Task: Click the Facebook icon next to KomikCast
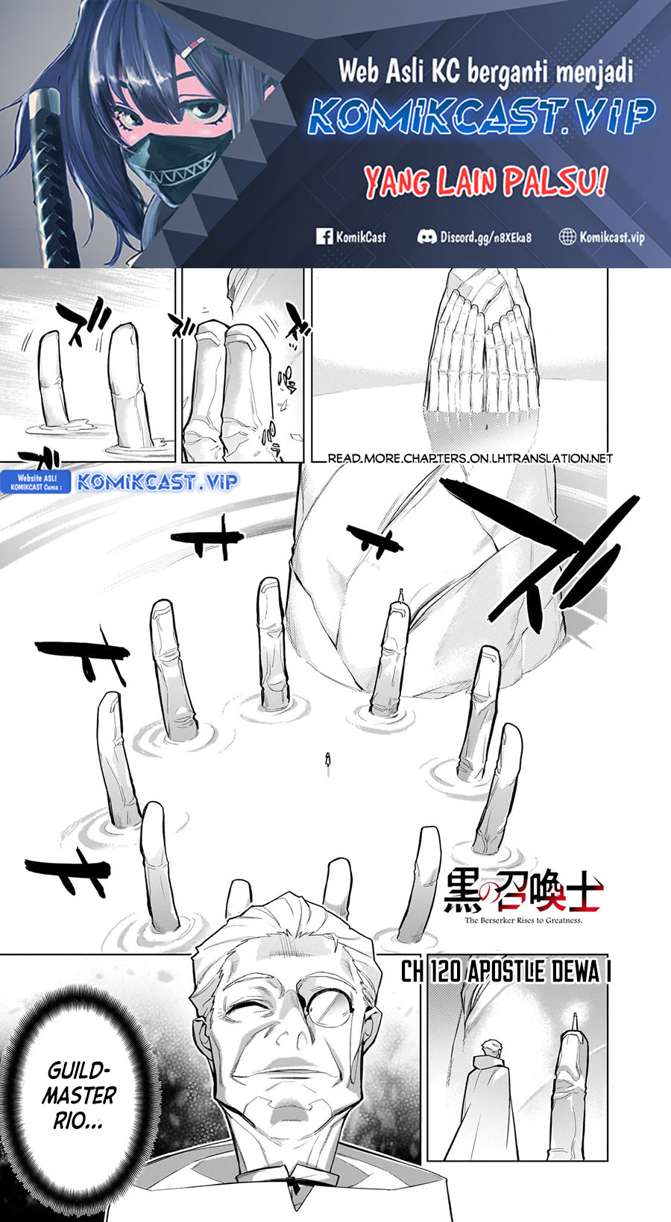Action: [x=324, y=237]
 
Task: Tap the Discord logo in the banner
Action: [x=426, y=237]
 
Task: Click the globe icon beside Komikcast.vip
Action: [x=567, y=237]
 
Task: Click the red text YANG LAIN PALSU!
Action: [x=485, y=182]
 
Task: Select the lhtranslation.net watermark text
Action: [x=470, y=458]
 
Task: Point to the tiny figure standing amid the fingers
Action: [x=327, y=759]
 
